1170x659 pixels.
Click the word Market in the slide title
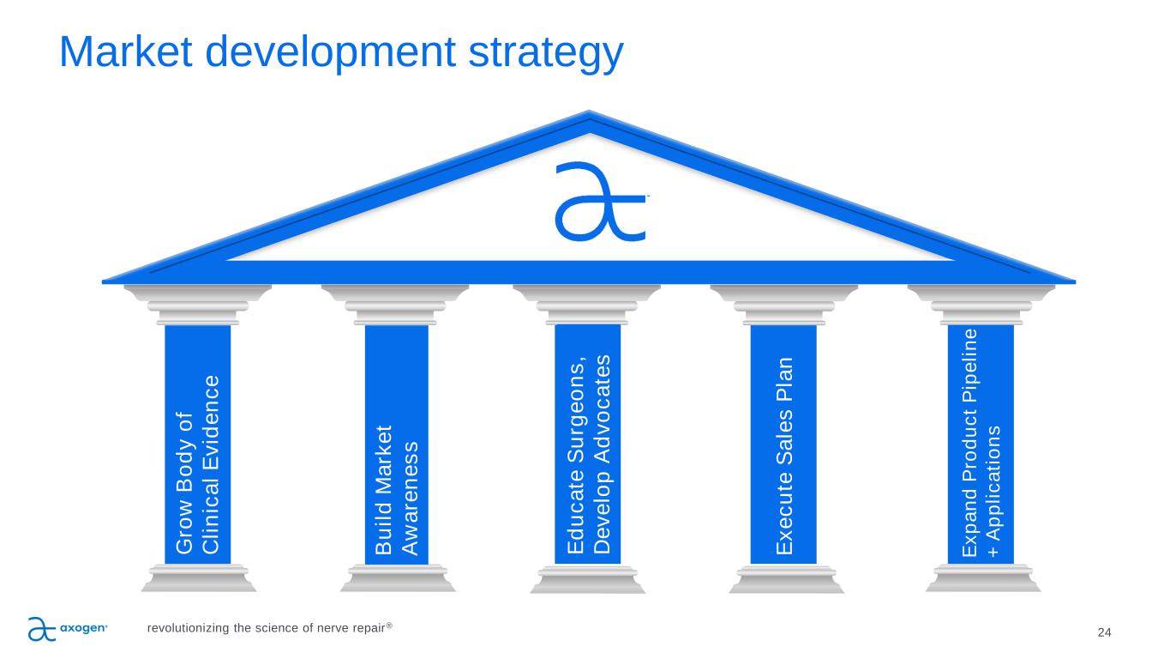(x=126, y=51)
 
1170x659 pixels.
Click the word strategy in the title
(x=546, y=54)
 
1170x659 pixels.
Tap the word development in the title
(x=330, y=54)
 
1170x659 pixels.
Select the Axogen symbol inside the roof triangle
(x=600, y=202)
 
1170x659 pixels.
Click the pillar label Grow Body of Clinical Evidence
(x=197, y=464)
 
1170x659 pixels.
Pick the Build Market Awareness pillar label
(x=397, y=490)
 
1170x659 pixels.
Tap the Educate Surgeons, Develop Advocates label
(x=588, y=454)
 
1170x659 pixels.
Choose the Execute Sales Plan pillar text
(x=784, y=456)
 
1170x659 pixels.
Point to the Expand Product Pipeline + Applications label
(x=981, y=443)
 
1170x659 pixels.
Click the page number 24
(x=1104, y=632)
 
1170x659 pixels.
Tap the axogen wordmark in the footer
(x=84, y=627)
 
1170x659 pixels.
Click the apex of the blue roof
(x=589, y=111)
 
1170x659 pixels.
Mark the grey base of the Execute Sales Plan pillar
(x=786, y=578)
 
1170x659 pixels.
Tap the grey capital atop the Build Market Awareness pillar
(x=395, y=305)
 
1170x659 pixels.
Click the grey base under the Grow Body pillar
(x=199, y=578)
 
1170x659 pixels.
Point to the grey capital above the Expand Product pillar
(x=981, y=305)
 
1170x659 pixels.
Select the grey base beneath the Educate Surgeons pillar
(x=588, y=578)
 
